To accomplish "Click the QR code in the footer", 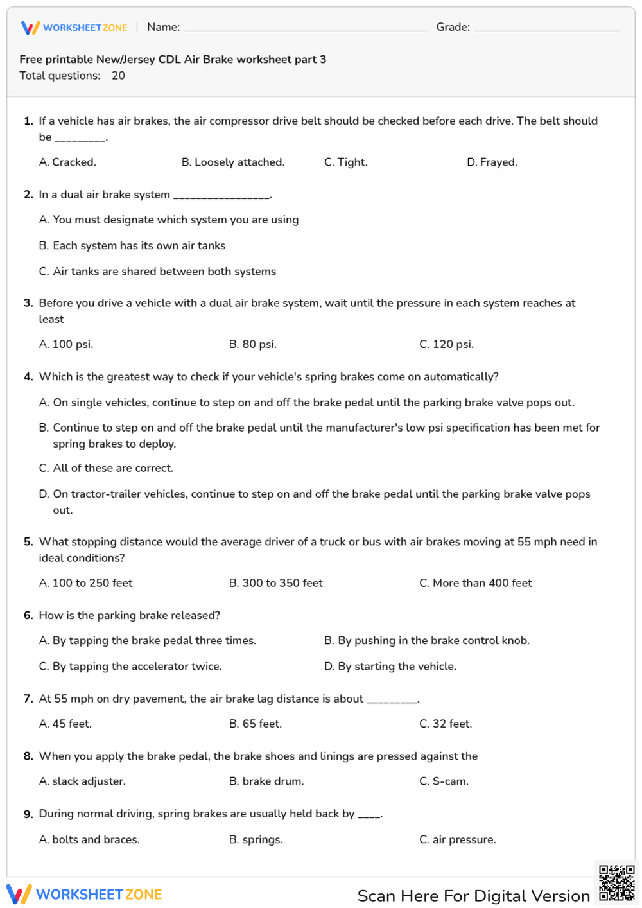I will point(616,884).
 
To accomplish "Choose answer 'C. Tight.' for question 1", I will point(346,162).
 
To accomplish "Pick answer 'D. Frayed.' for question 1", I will point(492,162).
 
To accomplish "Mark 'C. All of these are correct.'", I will point(106,468).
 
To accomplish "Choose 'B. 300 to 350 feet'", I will point(276,583).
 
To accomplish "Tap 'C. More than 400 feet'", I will point(476,583).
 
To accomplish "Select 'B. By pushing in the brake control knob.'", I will point(427,640).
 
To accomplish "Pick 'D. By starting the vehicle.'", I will point(390,667).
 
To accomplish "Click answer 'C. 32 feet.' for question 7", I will point(446,724).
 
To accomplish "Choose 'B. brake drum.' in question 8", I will point(266,781).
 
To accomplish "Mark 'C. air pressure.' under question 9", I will point(458,839).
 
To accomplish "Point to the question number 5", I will point(28,542).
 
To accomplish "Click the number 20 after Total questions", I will point(118,76).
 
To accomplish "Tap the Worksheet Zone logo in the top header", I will point(74,28).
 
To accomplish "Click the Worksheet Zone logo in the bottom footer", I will point(84,895).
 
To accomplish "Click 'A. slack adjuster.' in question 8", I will point(82,781).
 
